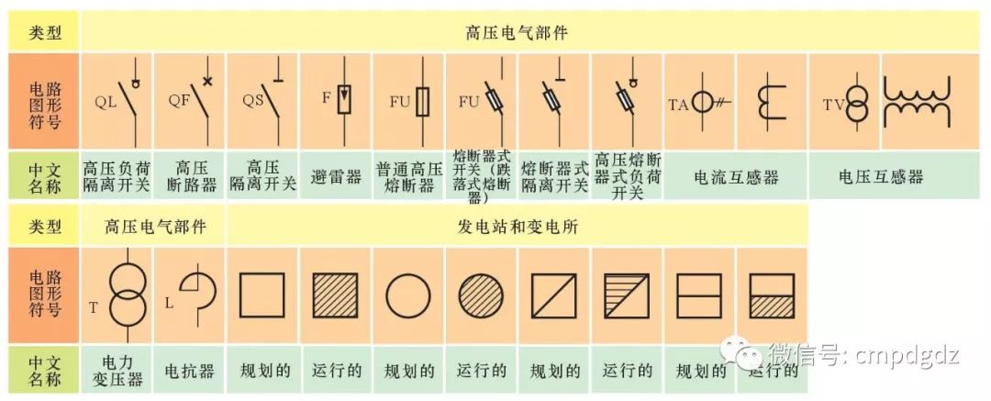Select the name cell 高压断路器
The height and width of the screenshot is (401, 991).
click(x=190, y=176)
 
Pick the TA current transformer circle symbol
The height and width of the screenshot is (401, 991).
click(x=705, y=102)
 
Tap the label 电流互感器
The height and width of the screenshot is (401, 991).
click(x=735, y=176)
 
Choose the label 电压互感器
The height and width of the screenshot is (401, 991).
click(x=880, y=176)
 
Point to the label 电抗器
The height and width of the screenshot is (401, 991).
click(x=190, y=372)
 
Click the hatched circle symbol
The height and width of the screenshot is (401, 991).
click(x=481, y=295)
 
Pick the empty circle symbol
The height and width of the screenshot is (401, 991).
click(x=408, y=295)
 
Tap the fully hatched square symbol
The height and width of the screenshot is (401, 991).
click(x=336, y=295)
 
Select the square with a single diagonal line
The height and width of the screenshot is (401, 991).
click(x=553, y=295)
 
